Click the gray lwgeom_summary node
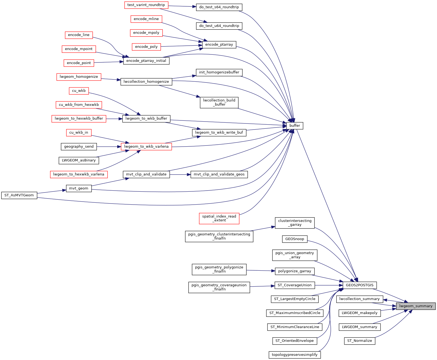coord(416,306)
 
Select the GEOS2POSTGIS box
coord(359,285)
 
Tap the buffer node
coord(294,126)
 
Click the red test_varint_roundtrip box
coord(146,5)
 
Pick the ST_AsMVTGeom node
coord(19,195)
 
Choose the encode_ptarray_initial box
coord(146,61)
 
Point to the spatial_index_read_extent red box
coord(219,218)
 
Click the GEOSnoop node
coord(294,239)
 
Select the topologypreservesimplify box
coord(294,355)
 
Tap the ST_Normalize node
coord(359,341)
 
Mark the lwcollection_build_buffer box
coord(219,102)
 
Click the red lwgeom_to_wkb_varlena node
coord(146,147)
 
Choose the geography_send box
coord(79,147)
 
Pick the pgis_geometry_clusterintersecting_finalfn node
coord(219,236)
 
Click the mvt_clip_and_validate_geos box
coord(219,174)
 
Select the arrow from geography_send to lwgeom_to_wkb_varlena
coord(109,147)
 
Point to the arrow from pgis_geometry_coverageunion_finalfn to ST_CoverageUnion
coord(262,286)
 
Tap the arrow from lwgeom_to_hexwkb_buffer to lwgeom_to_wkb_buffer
coord(114,119)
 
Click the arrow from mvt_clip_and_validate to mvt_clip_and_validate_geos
coord(180,174)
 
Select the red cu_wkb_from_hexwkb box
coord(79,105)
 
